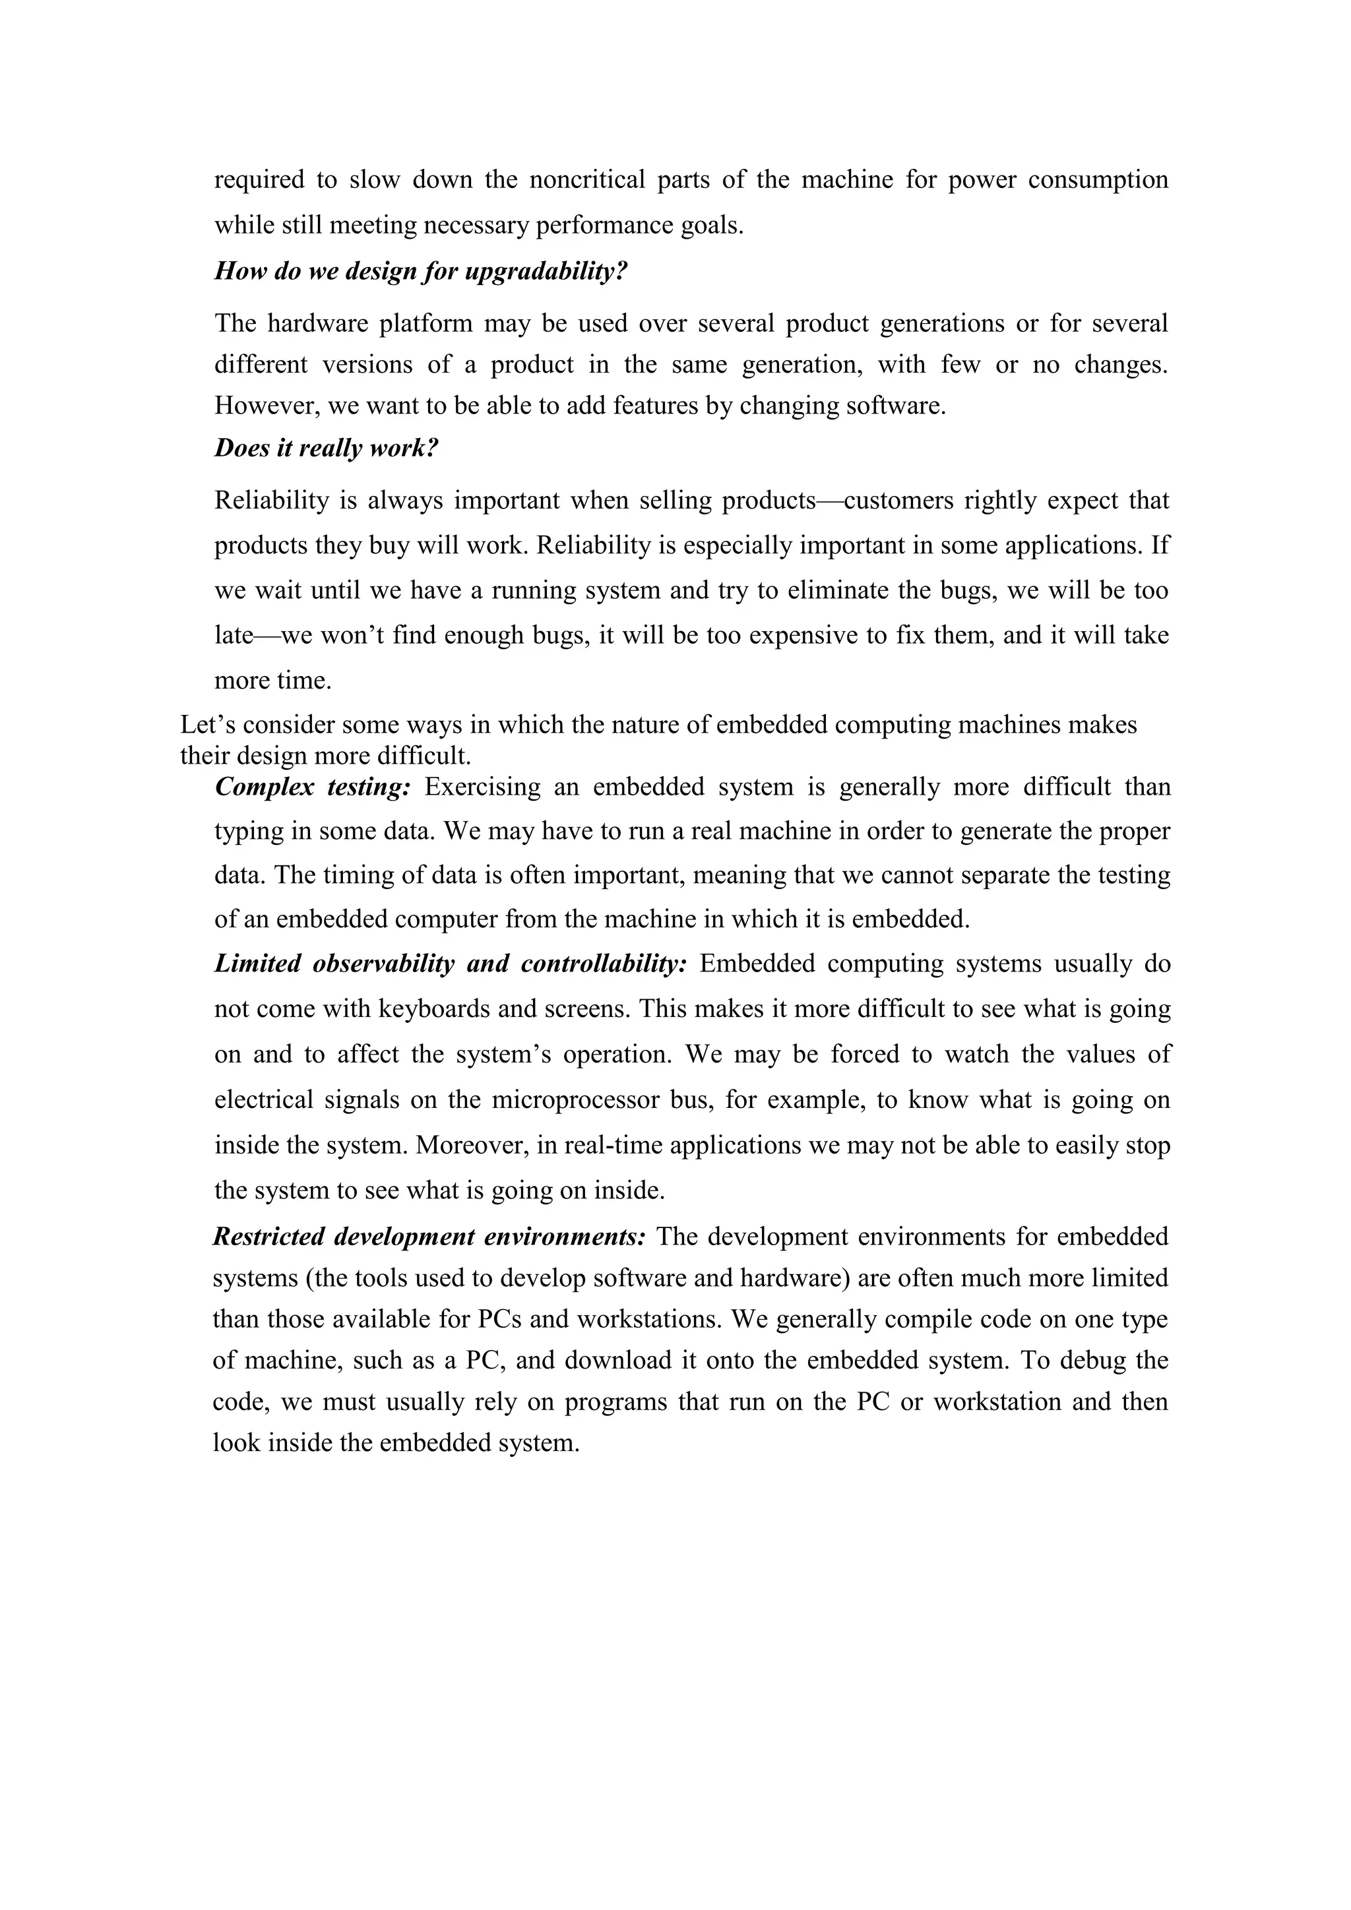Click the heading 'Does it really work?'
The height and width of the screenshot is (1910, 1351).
(326, 448)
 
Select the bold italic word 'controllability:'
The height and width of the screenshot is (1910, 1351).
(604, 964)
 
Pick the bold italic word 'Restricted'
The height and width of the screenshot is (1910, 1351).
(267, 1236)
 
